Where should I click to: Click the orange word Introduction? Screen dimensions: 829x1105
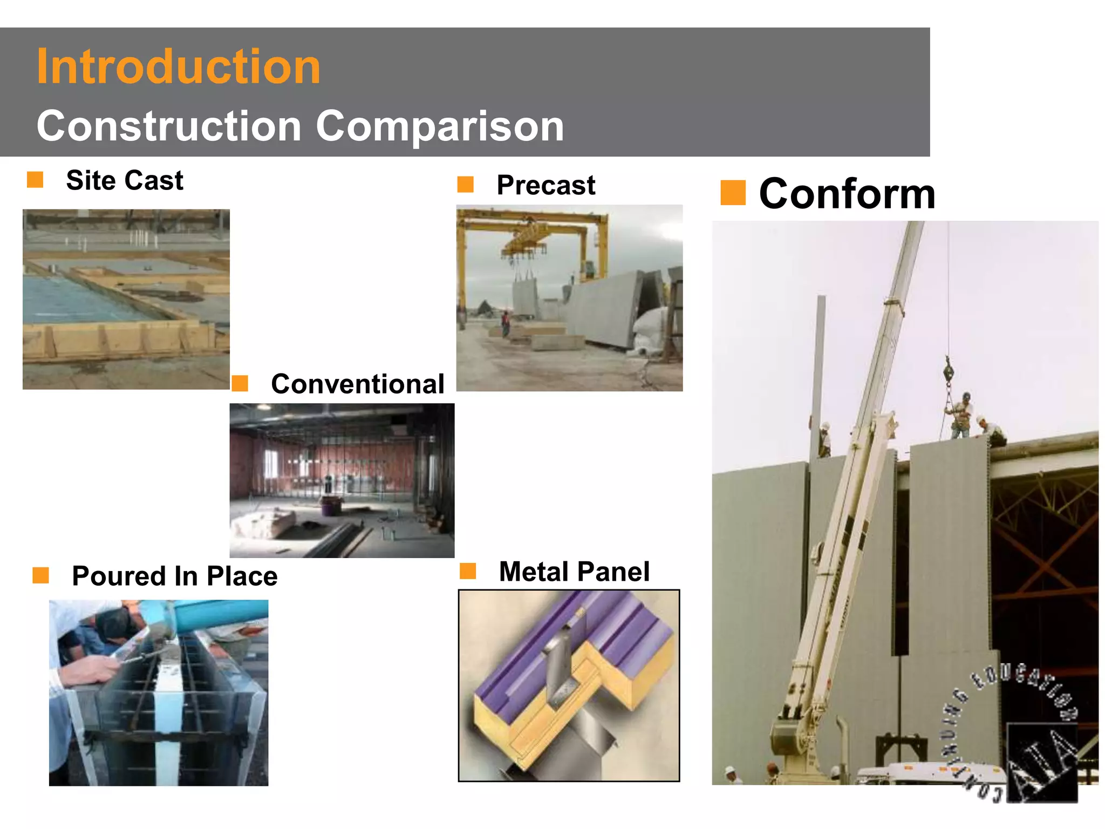(178, 67)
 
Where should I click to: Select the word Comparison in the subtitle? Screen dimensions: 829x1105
(440, 126)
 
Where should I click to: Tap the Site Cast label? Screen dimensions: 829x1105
(124, 180)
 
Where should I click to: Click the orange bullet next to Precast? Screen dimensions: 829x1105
(465, 185)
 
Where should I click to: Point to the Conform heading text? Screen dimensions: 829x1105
(847, 194)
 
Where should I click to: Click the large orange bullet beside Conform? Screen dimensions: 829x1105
(733, 193)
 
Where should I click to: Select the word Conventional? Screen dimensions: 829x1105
(357, 384)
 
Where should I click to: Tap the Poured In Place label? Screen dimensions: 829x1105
(174, 576)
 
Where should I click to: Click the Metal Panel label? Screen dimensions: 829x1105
(574, 572)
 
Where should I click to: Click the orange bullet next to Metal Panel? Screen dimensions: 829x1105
(468, 571)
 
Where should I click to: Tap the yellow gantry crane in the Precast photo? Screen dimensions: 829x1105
(531, 232)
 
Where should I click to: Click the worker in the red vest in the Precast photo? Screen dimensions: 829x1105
(506, 322)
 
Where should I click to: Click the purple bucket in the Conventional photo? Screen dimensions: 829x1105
(330, 507)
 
